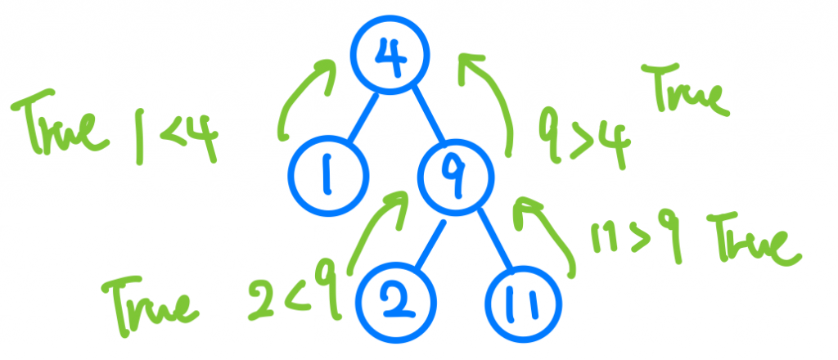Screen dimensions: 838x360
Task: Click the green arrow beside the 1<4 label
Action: (304, 102)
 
